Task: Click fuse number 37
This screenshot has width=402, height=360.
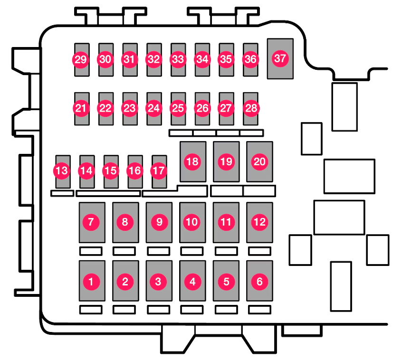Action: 280,59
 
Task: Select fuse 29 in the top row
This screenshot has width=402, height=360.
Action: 81,59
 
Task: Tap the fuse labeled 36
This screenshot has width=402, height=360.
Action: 250,59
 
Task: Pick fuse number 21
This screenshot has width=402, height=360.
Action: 81,108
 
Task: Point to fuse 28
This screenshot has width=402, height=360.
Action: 250,108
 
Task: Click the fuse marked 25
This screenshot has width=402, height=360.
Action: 178,108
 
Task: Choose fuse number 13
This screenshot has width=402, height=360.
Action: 62,171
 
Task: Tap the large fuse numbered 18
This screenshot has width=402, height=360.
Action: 192,161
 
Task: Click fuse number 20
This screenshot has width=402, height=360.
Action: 259,161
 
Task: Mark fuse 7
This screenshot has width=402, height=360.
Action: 91,221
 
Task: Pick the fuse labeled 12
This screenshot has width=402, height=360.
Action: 259,221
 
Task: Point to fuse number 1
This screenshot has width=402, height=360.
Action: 91,281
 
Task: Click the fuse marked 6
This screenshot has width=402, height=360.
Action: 259,281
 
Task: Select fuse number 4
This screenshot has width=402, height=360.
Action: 192,281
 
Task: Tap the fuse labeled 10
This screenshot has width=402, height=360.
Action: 192,221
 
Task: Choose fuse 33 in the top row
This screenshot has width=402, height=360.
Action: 178,59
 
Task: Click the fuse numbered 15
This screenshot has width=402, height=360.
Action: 111,171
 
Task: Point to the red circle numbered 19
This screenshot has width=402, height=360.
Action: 226,161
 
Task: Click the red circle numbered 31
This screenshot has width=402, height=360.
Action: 129,59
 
